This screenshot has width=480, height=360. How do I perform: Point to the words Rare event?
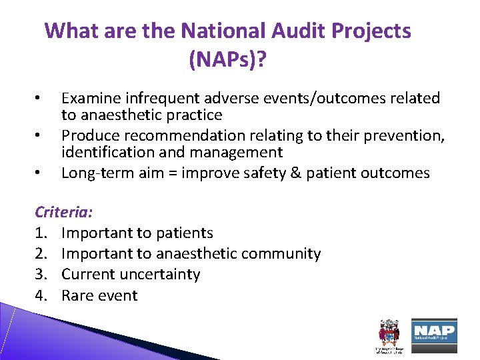[99, 295]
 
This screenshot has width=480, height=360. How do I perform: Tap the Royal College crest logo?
[388, 334]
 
